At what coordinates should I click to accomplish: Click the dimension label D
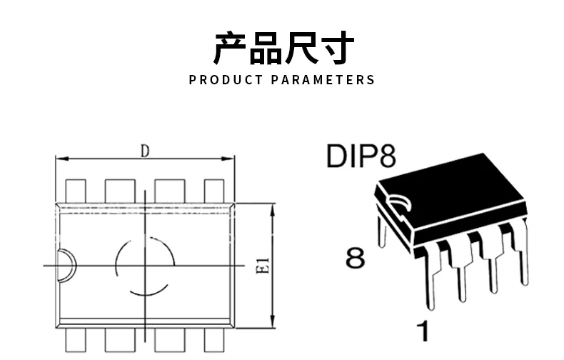pos(145,151)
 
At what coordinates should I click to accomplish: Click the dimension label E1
pos(261,266)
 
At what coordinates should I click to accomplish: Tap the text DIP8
pos(361,156)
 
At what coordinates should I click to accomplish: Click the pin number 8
pos(355,258)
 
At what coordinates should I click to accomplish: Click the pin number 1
pos(423,331)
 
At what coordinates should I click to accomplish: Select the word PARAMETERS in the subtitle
pos(323,80)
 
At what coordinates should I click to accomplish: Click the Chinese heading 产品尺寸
pos(283,49)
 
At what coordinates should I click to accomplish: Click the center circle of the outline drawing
pos(146,265)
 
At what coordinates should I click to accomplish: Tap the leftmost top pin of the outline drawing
pos(76,191)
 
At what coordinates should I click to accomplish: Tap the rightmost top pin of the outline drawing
pos(214,191)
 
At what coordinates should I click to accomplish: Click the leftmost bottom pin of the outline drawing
pos(76,340)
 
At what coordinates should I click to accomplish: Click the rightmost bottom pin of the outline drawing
pos(214,340)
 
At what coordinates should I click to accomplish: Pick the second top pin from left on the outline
pos(120,191)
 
